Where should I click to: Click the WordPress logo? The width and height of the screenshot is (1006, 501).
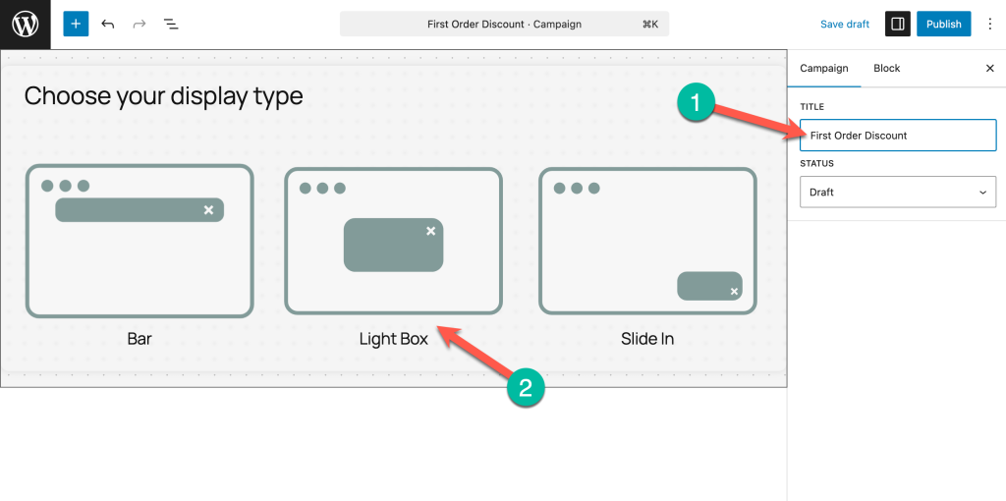pyautogui.click(x=25, y=25)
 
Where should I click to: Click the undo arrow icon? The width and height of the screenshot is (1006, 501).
pyautogui.click(x=108, y=25)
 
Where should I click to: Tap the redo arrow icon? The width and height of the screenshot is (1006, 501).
pyautogui.click(x=140, y=25)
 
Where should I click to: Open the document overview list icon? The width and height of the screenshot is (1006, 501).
pyautogui.click(x=171, y=25)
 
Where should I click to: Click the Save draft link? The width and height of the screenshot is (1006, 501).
pyautogui.click(x=844, y=25)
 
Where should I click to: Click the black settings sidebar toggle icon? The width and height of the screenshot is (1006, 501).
pyautogui.click(x=898, y=24)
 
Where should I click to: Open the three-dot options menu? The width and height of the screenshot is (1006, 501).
pyautogui.click(x=990, y=25)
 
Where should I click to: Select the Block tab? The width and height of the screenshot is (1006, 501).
pyautogui.click(x=887, y=68)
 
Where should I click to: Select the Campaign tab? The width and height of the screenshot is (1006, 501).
pyautogui.click(x=824, y=68)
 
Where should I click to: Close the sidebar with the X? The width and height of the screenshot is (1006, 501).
pyautogui.click(x=990, y=68)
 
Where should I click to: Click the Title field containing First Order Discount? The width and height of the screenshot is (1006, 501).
pyautogui.click(x=898, y=136)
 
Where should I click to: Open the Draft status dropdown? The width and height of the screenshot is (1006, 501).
pyautogui.click(x=898, y=192)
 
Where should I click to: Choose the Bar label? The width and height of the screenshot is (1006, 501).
pyautogui.click(x=140, y=339)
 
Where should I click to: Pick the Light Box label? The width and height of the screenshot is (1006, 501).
pyautogui.click(x=393, y=339)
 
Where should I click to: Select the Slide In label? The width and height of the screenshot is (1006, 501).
pyautogui.click(x=647, y=339)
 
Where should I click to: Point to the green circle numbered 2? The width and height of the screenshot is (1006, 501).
pyautogui.click(x=526, y=388)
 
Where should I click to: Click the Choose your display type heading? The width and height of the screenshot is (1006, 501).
pyautogui.click(x=164, y=96)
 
